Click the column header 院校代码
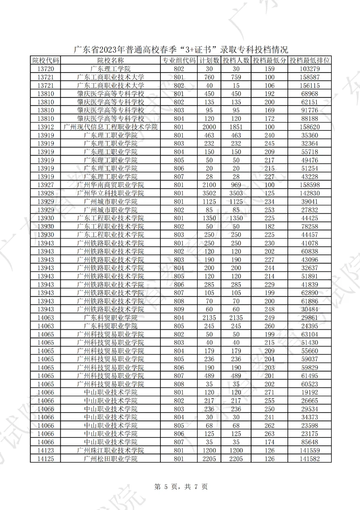click(x=46, y=61)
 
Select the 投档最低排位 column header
click(x=309, y=61)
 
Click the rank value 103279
click(x=309, y=69)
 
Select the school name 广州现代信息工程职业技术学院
click(x=110, y=127)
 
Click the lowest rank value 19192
click(x=309, y=392)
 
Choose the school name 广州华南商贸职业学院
click(x=110, y=185)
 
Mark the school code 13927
click(x=46, y=185)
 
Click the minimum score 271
click(x=270, y=392)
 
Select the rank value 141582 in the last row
click(x=309, y=459)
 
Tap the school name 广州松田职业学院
click(x=110, y=459)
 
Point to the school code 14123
click(x=46, y=451)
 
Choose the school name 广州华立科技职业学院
click(x=110, y=193)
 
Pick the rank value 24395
click(x=309, y=326)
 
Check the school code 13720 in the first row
click(x=46, y=69)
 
